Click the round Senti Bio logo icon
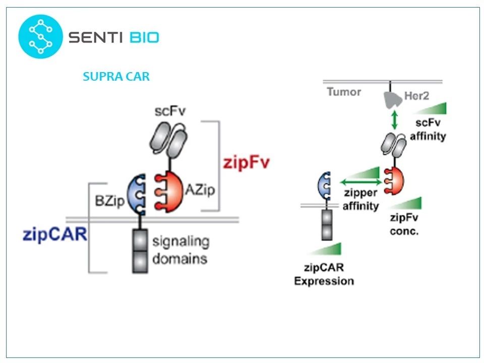coord(40,36)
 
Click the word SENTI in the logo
coord(95,37)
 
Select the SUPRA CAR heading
coord(116,76)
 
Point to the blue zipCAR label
coord(55,234)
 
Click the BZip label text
coord(109,201)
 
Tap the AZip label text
coord(200,189)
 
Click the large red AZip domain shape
coord(169,192)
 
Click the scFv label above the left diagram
coord(170,111)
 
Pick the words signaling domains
coord(181,250)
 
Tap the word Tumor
coord(344,92)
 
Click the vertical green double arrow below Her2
coord(394,120)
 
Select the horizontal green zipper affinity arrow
coord(360,182)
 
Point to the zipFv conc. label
coord(404,224)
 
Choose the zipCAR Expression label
coord(324,274)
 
